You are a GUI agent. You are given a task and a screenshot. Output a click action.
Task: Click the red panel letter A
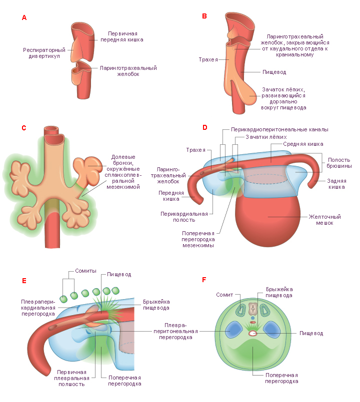(24, 17)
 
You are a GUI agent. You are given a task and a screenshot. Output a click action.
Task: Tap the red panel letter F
(204, 280)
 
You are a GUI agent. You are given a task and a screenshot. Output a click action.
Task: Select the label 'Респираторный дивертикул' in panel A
(44, 53)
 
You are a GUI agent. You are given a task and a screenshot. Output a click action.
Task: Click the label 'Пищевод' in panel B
(274, 72)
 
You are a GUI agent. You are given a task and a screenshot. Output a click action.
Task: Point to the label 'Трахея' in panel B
(208, 59)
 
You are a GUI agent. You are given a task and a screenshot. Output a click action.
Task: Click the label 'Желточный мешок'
(325, 220)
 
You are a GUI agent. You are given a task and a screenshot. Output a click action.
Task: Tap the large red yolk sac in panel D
(267, 221)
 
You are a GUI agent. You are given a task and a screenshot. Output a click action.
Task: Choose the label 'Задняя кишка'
(336, 184)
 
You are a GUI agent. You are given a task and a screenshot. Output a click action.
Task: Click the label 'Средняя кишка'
(303, 144)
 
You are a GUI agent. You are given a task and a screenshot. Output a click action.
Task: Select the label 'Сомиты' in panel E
(86, 271)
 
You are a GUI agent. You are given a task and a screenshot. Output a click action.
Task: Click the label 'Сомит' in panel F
(224, 295)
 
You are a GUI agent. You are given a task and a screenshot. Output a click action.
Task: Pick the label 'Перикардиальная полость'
(184, 217)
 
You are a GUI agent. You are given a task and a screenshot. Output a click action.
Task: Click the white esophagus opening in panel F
(253, 333)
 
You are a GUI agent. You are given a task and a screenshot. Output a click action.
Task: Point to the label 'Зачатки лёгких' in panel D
(266, 137)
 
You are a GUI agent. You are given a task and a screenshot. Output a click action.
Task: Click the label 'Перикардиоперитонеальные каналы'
(279, 130)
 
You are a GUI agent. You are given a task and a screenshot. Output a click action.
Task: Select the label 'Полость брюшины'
(339, 163)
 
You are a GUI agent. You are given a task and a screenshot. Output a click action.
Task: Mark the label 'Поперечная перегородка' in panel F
(281, 378)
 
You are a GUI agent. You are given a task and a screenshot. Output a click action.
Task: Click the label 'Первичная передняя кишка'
(122, 36)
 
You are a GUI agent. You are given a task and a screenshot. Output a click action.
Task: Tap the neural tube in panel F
(253, 310)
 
